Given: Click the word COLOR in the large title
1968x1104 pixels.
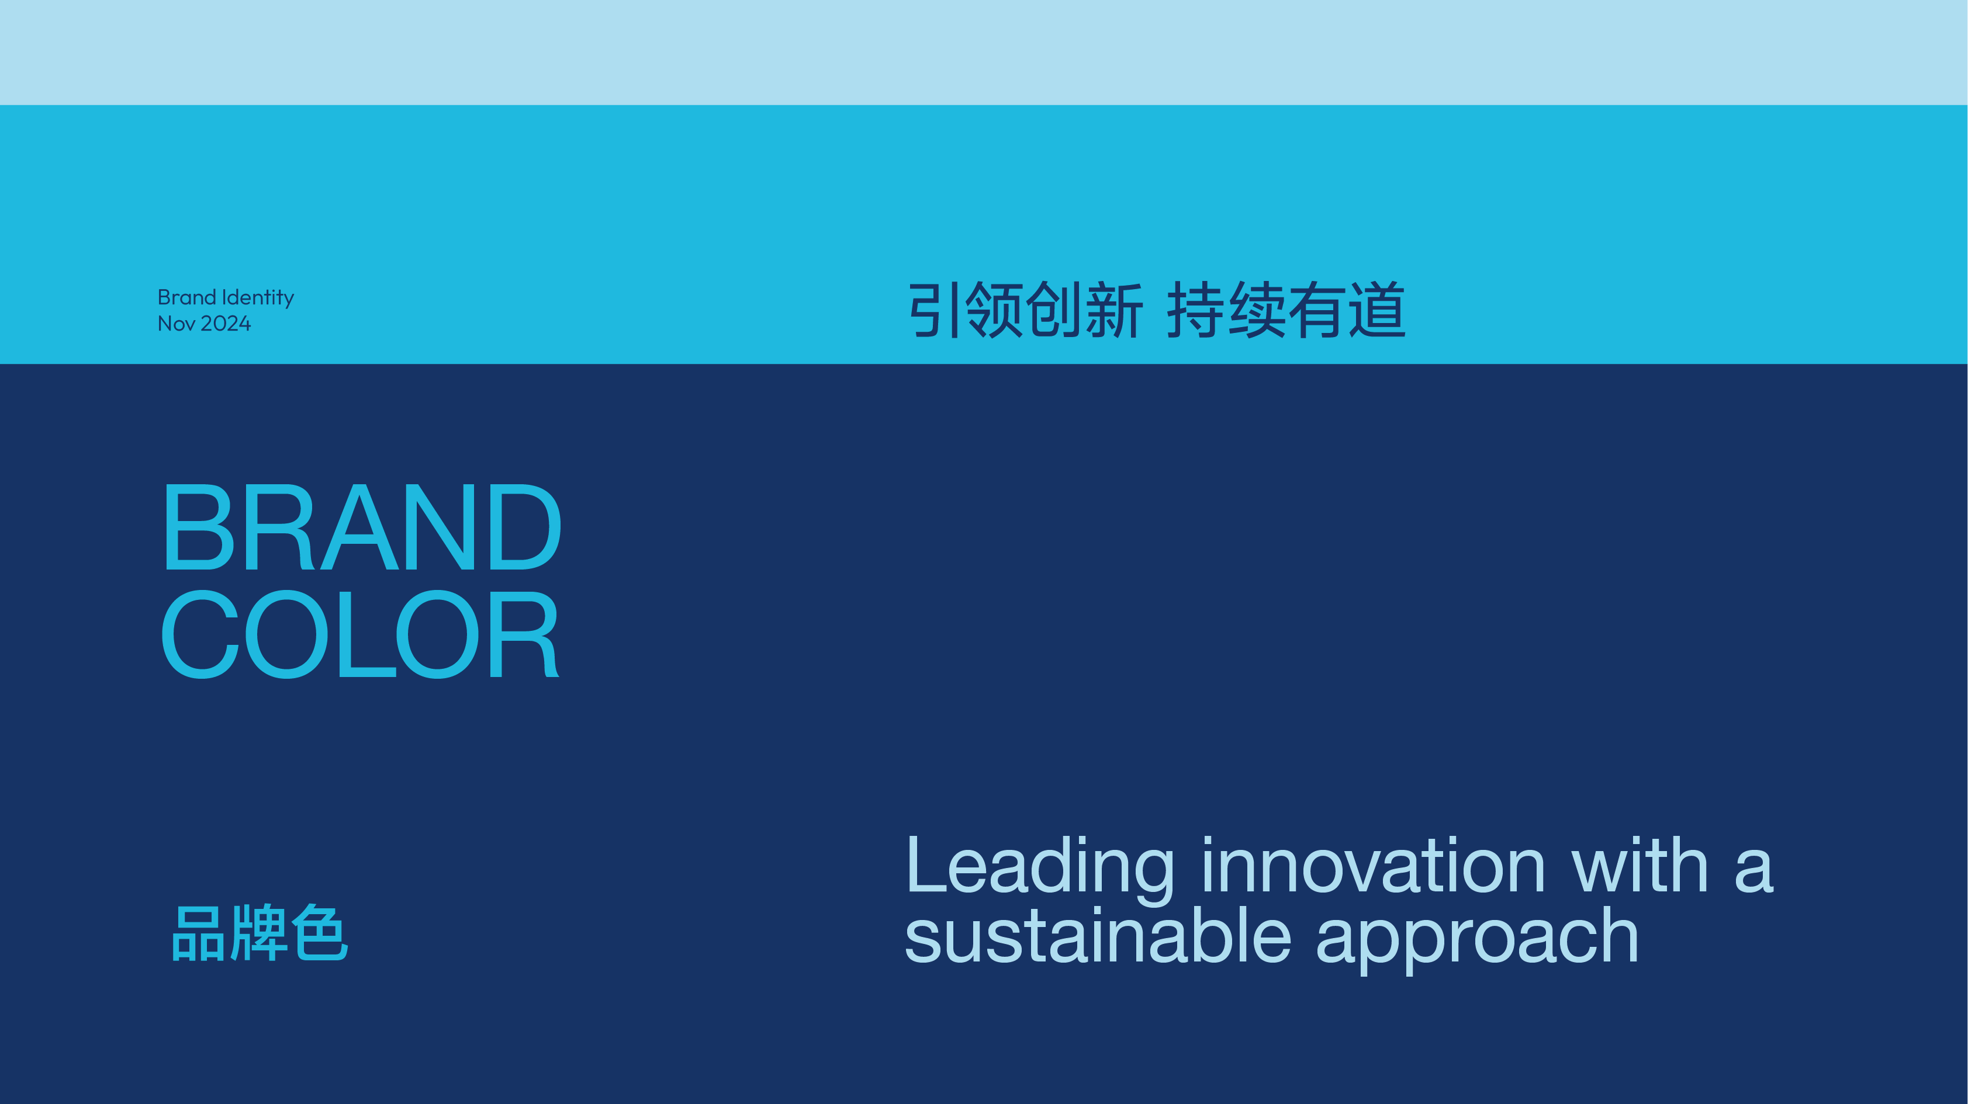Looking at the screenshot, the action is tap(360, 634).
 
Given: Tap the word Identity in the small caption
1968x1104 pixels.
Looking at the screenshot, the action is tap(257, 297).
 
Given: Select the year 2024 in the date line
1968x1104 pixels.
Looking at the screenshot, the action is tap(226, 324).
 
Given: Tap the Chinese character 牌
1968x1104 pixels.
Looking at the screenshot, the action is tap(260, 933).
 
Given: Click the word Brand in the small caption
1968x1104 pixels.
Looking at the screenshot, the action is tap(187, 297).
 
